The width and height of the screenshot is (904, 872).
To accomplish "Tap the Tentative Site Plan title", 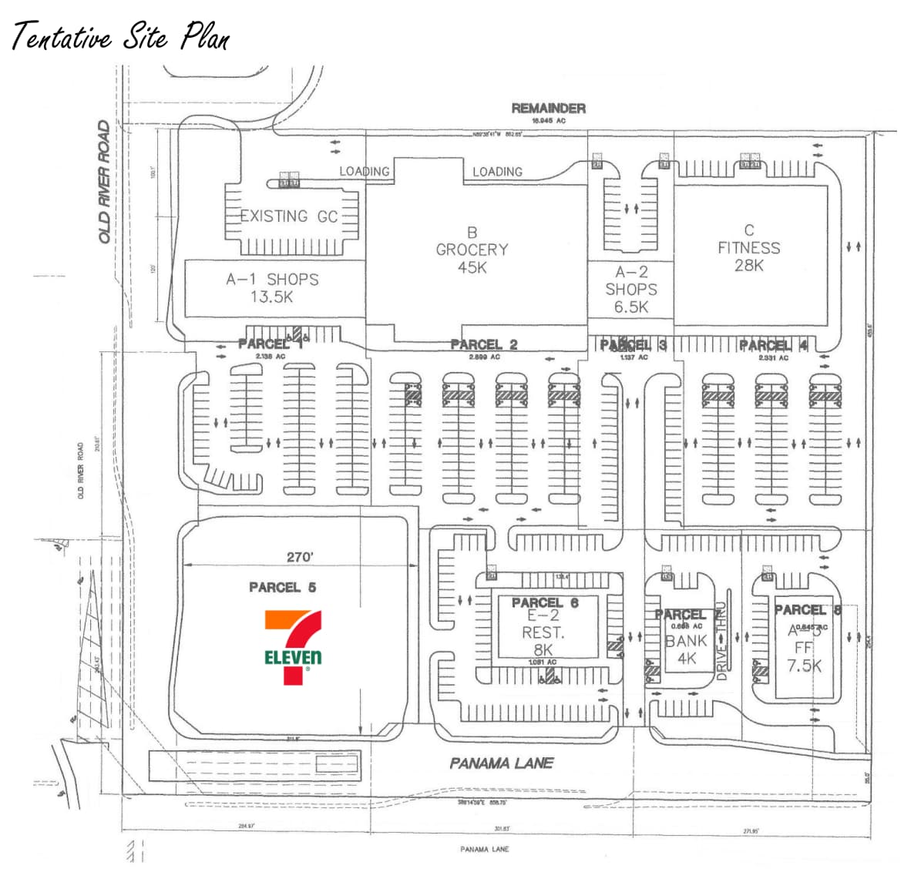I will coord(120,36).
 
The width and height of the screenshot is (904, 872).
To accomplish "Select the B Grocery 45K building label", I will coord(472,250).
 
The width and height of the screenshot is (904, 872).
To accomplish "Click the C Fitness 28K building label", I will coord(748,247).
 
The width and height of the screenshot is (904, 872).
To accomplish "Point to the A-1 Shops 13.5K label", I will coord(272,287).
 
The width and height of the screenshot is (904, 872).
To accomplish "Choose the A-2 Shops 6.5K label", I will coord(631,290).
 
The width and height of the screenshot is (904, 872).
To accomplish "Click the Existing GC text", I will coord(289,216).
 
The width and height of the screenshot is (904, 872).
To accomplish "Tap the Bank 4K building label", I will coord(686,649).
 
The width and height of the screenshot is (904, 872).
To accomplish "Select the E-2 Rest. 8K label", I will coord(543,632).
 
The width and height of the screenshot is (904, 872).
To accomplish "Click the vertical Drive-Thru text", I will coord(722,641).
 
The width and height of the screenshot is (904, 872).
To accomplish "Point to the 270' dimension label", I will coord(300,557).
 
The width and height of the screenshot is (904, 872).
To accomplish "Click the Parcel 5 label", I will coord(282,587).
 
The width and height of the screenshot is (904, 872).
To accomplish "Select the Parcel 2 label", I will coord(483,344).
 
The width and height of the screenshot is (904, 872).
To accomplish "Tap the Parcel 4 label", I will coord(773,345).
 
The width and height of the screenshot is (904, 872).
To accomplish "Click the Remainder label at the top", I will coord(548,109).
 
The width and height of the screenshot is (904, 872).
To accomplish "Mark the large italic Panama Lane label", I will coord(501,763).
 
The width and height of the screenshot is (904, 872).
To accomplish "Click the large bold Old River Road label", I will coord(104,182).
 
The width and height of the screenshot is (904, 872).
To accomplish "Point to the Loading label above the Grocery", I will coord(497,172).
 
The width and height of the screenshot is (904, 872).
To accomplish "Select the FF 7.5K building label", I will coord(804,657).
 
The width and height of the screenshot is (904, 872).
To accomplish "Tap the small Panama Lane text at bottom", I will coord(484,849).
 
